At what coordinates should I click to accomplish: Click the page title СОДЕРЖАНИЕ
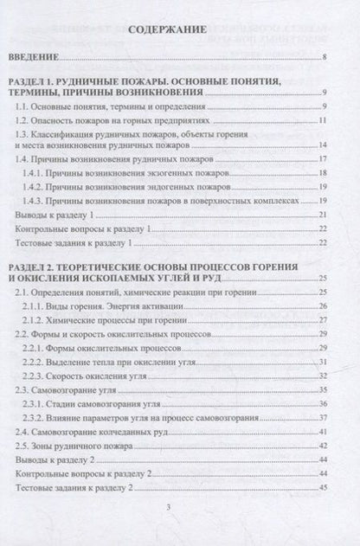pyautogui.click(x=167, y=29)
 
